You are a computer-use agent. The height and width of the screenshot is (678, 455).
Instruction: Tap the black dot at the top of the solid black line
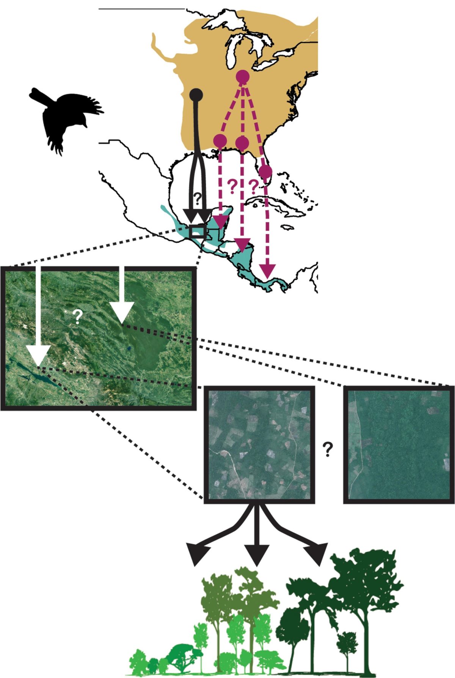coord(196,94)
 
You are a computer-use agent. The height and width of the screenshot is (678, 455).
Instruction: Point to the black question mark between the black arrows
coord(197,197)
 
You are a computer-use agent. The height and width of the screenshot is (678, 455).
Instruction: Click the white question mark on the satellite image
coord(77,316)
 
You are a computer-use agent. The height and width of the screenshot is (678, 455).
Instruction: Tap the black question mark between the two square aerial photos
coord(328,449)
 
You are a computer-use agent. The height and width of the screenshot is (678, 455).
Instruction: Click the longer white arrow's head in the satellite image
coord(38,356)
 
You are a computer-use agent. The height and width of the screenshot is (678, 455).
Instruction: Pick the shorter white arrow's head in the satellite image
coord(122,313)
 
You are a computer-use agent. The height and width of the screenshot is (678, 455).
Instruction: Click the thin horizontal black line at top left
coord(141,8)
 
